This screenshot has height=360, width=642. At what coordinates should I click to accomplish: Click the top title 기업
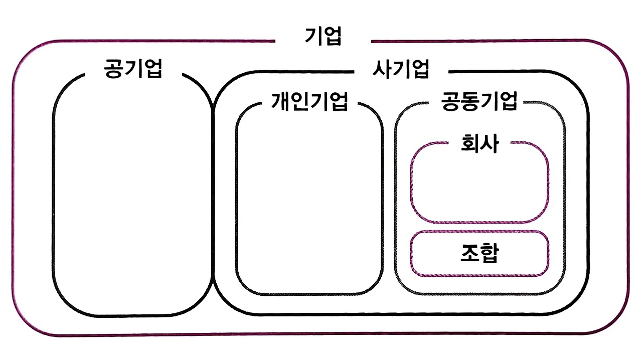(x=323, y=37)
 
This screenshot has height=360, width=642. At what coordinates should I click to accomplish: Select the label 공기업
(x=133, y=69)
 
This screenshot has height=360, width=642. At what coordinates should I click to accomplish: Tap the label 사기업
(x=401, y=69)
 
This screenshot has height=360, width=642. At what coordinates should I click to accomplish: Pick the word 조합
(x=479, y=254)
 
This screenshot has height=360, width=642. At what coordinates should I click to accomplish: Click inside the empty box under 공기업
(x=132, y=201)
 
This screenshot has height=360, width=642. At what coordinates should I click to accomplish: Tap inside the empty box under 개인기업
(x=309, y=201)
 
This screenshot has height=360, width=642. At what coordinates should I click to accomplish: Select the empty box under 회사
(x=479, y=188)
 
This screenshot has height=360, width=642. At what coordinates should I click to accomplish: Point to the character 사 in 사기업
(x=382, y=69)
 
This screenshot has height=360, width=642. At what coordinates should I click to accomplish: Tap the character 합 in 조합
(x=489, y=254)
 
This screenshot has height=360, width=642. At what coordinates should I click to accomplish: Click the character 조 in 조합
(x=469, y=254)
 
